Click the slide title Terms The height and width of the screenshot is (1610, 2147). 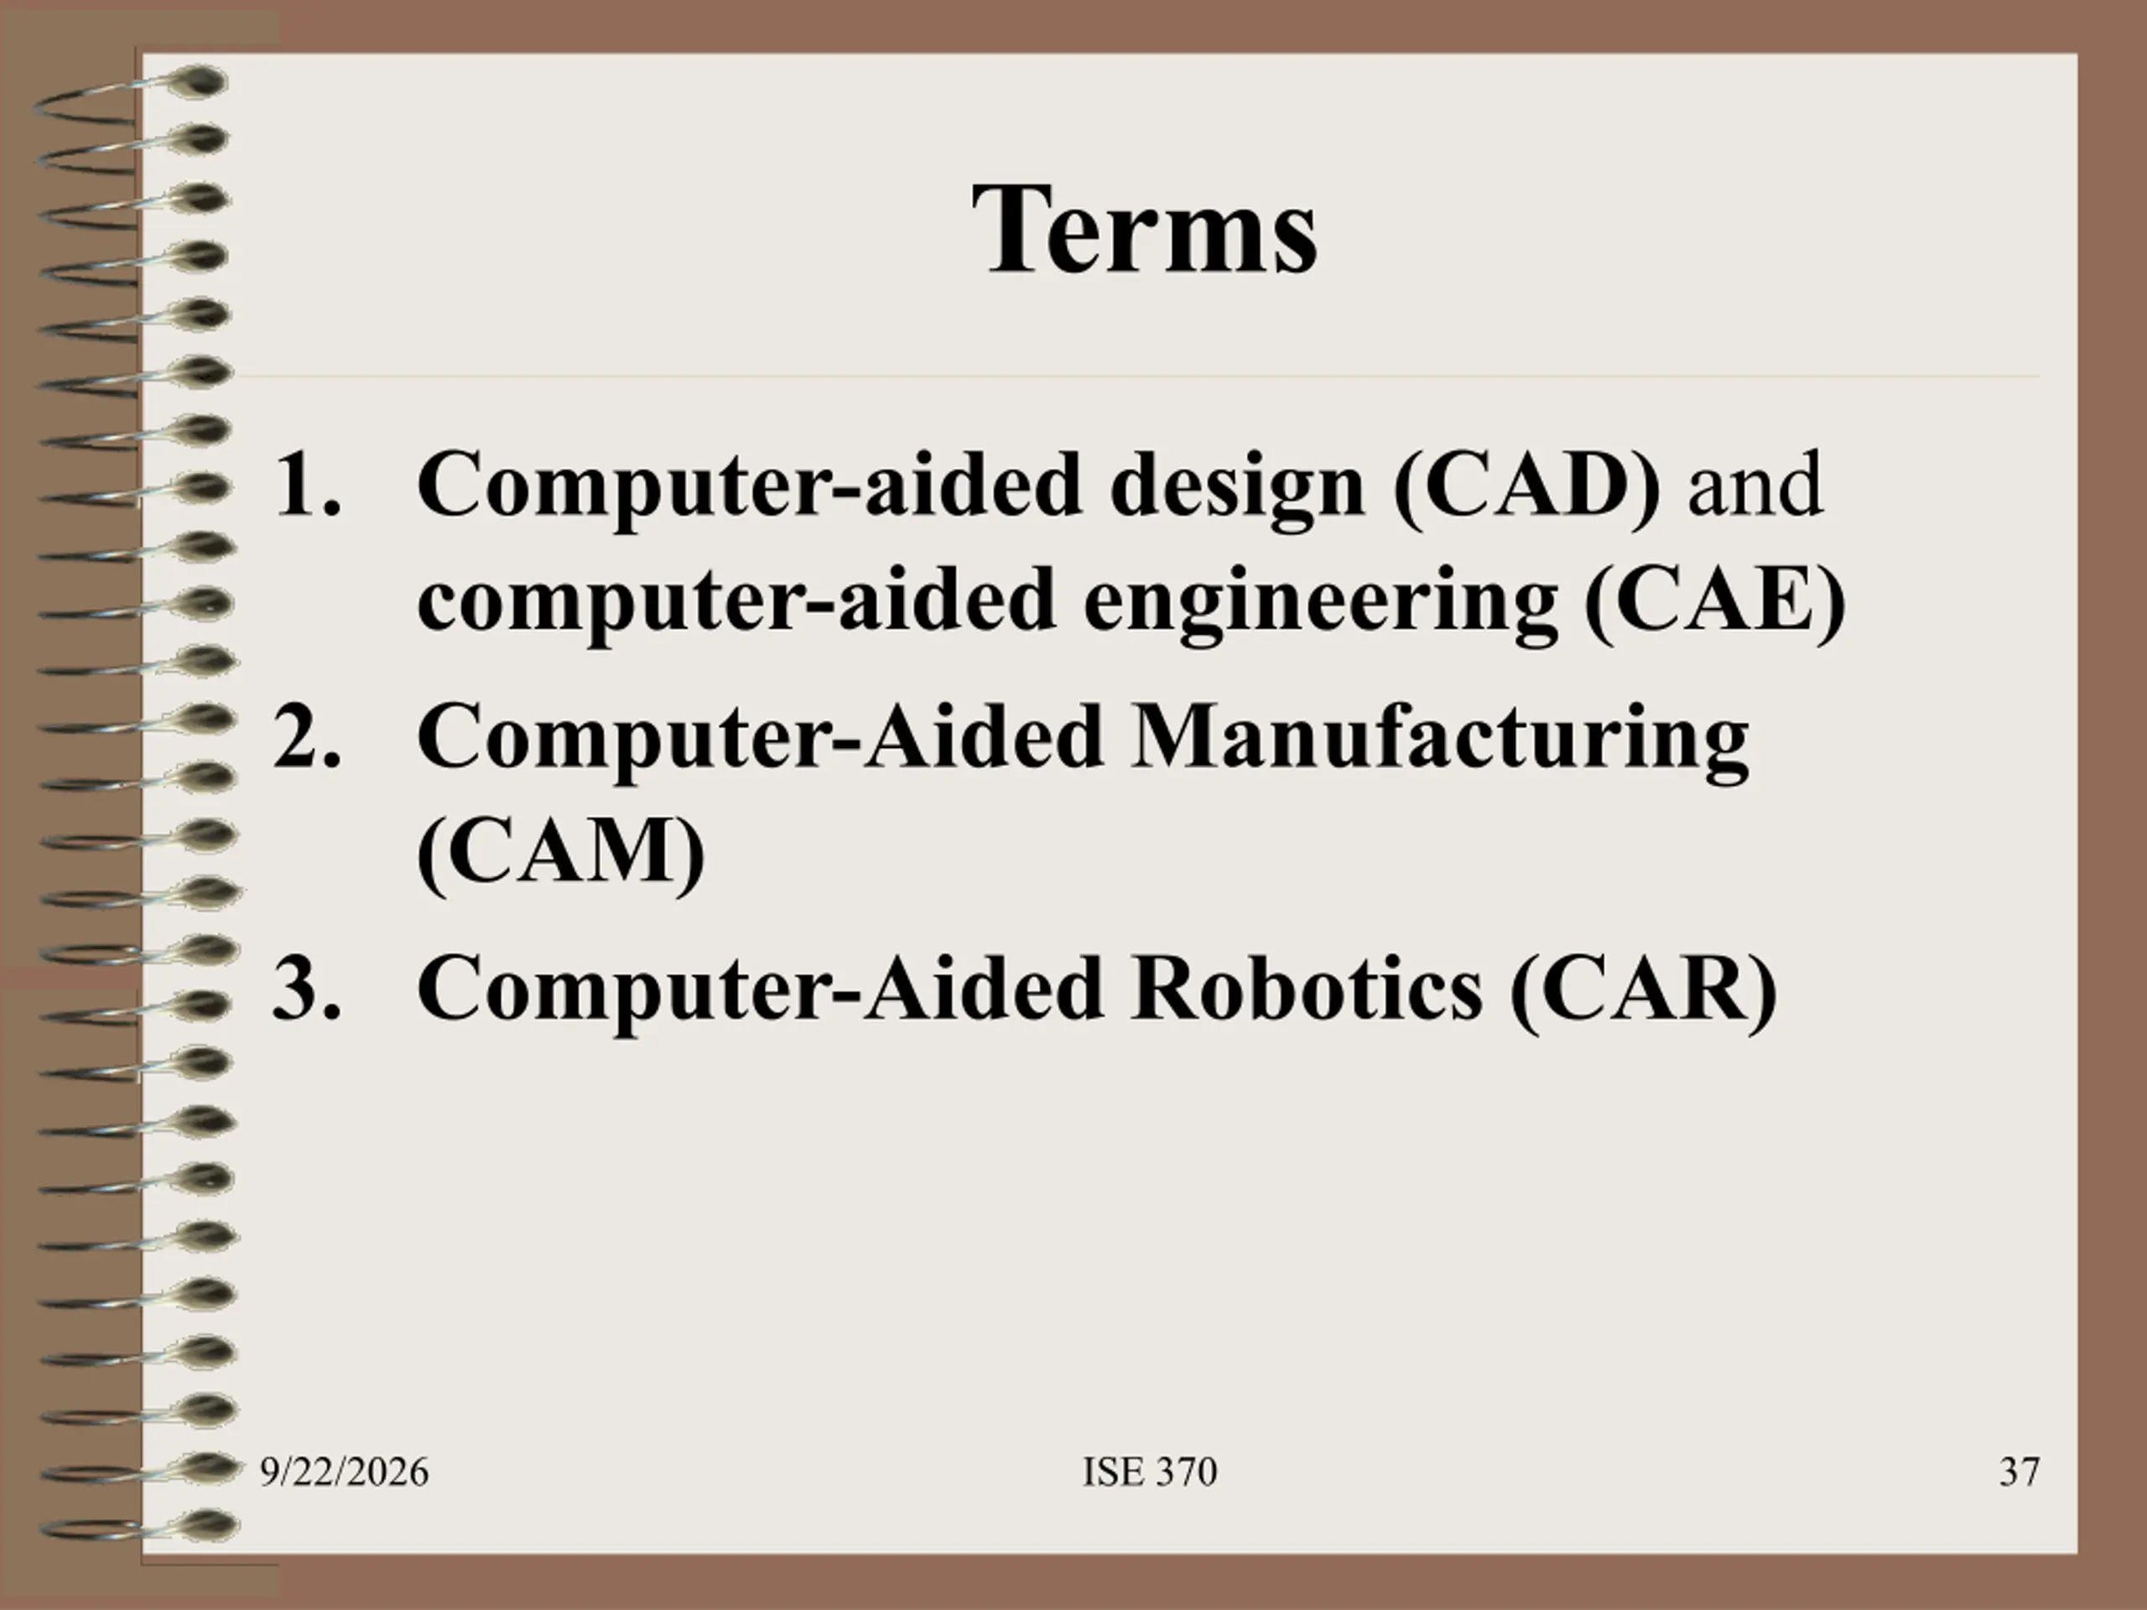tap(1146, 230)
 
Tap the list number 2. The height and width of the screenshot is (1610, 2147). tap(308, 735)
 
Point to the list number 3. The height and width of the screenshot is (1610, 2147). tap(308, 988)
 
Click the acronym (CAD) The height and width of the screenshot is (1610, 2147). tap(1526, 487)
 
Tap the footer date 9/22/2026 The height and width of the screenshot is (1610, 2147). tap(344, 1472)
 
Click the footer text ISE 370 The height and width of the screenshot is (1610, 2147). tap(1150, 1472)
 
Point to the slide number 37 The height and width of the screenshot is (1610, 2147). tap(2019, 1472)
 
